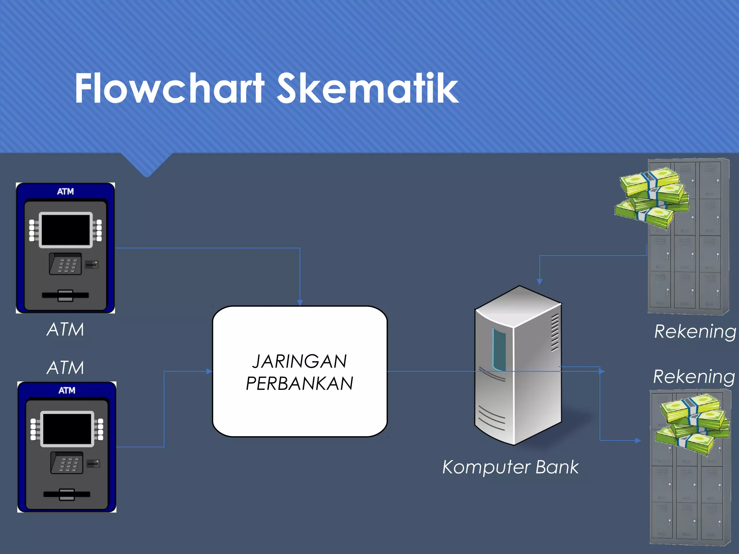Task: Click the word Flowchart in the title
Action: click(x=170, y=88)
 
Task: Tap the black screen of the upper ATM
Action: click(x=65, y=230)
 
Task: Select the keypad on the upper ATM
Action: click(x=66, y=264)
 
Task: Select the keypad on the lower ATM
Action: click(x=67, y=463)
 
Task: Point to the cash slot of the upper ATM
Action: click(x=65, y=295)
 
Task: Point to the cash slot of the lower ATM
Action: click(x=67, y=494)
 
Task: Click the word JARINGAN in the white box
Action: click(x=299, y=361)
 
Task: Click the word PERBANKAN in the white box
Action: click(x=299, y=383)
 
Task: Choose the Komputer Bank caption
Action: click(x=510, y=467)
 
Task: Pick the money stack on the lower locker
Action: click(x=693, y=424)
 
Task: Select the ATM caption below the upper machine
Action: click(x=65, y=329)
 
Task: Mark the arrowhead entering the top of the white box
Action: click(x=300, y=303)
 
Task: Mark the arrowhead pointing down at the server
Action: click(x=539, y=281)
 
